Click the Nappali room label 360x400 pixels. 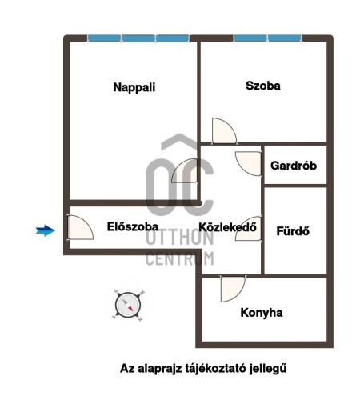tap(134, 87)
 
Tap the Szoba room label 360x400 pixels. tap(263, 86)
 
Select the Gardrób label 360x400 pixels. tap(294, 166)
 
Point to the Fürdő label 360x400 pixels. tap(293, 231)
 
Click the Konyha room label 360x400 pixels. tap(262, 313)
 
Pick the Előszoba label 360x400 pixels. tap(133, 226)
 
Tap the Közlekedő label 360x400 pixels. tap(228, 227)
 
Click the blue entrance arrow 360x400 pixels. tap(46, 230)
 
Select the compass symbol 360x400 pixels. tap(128, 305)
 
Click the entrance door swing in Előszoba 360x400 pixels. tap(80, 227)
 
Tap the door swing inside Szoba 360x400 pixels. tap(224, 130)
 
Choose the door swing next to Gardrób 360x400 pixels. tap(248, 163)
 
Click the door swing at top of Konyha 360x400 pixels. tap(233, 290)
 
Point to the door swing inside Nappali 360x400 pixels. tap(185, 170)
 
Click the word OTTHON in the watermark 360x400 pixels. tap(180, 238)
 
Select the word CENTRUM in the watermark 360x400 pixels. tap(180, 258)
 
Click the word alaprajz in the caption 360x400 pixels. tap(159, 369)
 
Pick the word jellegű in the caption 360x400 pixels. tap(268, 369)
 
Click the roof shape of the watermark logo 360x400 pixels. tap(179, 142)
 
